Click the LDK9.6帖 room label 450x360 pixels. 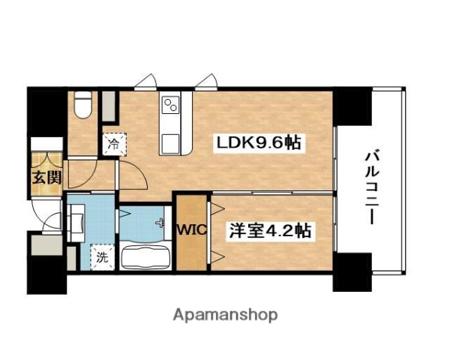pyautogui.click(x=259, y=142)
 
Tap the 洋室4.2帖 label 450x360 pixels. pyautogui.click(x=269, y=231)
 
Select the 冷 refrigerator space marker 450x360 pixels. pyautogui.click(x=113, y=141)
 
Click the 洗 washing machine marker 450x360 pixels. pyautogui.click(x=100, y=256)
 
